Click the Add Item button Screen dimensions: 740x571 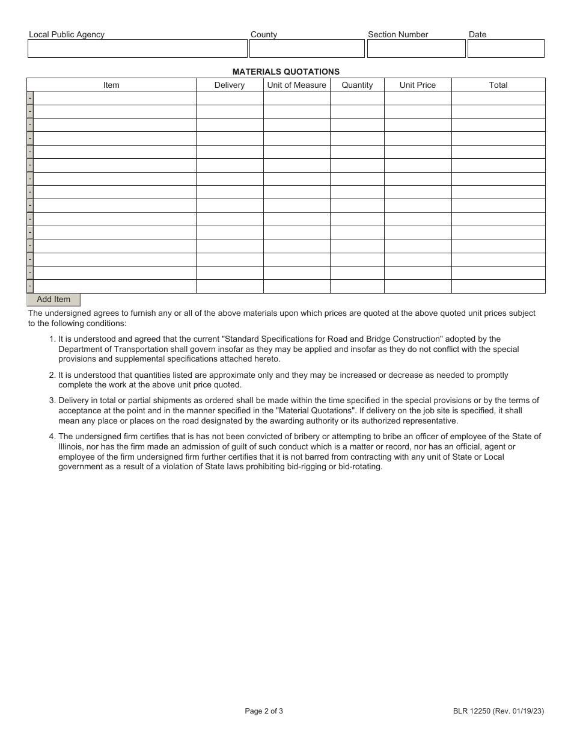click(x=53, y=300)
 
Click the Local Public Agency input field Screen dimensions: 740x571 click(x=138, y=49)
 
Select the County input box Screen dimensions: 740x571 click(x=307, y=49)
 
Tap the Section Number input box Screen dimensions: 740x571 click(x=416, y=49)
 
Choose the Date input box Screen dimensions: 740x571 click(x=505, y=49)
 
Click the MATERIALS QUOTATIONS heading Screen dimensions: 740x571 click(x=286, y=72)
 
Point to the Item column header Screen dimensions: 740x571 click(x=111, y=85)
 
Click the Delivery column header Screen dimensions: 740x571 click(x=230, y=85)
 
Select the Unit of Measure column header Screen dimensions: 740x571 click(x=296, y=85)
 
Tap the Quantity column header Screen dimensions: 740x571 click(x=357, y=85)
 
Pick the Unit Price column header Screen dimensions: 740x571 click(x=418, y=85)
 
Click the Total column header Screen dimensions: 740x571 click(x=498, y=85)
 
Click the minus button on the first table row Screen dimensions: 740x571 click(x=30, y=98)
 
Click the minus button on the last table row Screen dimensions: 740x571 click(x=30, y=286)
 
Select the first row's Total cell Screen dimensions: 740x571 click(x=498, y=98)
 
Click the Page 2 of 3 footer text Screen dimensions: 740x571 click(x=264, y=711)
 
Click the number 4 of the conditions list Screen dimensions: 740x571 click(x=52, y=437)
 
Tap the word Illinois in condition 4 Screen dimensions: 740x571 click(x=72, y=447)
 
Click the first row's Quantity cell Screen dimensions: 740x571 click(x=357, y=98)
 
